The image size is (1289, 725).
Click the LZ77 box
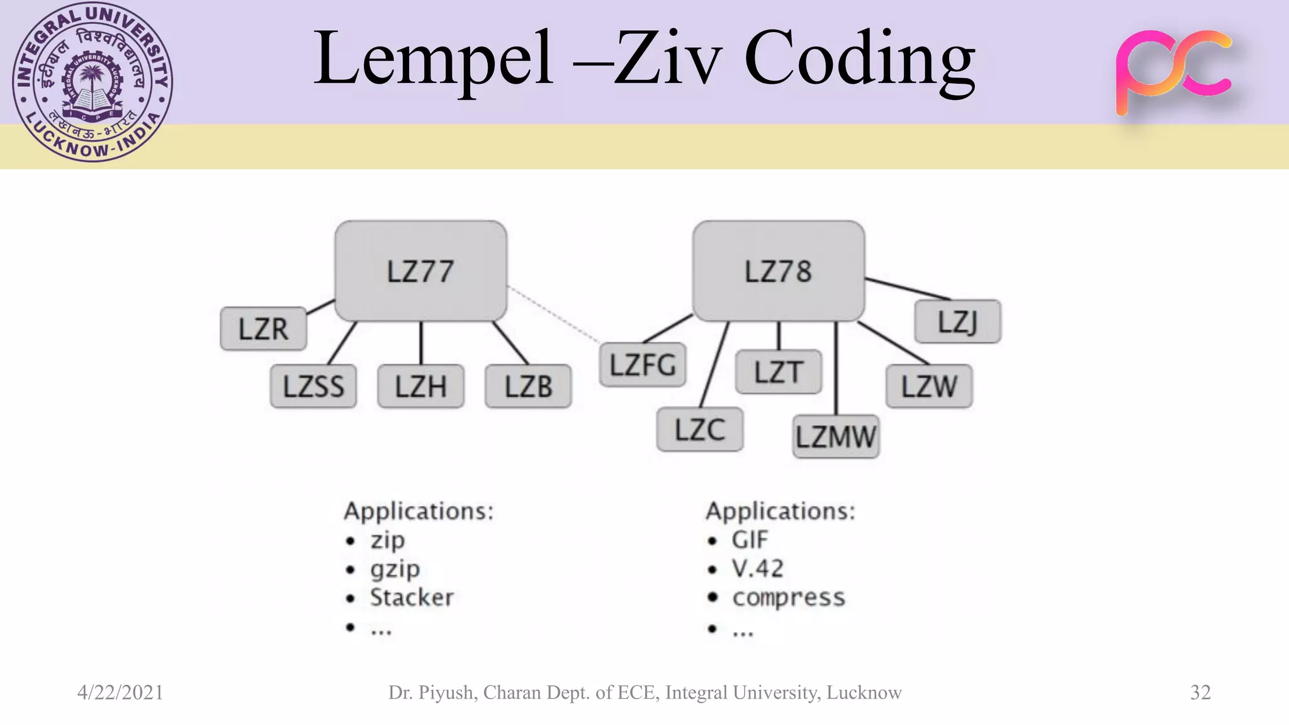point(420,271)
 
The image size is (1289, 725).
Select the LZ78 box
point(778,271)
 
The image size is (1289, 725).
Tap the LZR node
point(263,329)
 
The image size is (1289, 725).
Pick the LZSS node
point(313,386)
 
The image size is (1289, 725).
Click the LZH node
point(420,386)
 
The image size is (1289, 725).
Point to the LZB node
point(528,386)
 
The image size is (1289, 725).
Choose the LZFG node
point(643,365)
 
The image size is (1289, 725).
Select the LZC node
point(699,430)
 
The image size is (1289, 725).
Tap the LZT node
point(778,372)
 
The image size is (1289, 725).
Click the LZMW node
point(836,437)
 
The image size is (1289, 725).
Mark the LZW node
point(929,386)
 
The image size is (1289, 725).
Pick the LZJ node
point(957,322)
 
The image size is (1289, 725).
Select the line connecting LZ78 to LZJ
point(908,288)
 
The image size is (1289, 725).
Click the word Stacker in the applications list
point(412,597)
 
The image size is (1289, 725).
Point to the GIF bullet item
point(750,540)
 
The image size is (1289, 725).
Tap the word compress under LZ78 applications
point(789,597)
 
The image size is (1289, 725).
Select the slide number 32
point(1200,692)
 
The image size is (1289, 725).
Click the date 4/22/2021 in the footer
point(120,692)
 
